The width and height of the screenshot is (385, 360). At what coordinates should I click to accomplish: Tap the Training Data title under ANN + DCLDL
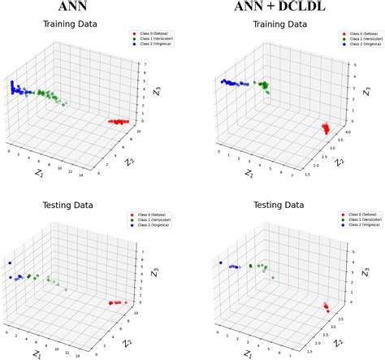pyautogui.click(x=286, y=24)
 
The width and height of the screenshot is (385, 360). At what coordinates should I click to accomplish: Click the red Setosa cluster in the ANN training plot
pyautogui.click(x=119, y=122)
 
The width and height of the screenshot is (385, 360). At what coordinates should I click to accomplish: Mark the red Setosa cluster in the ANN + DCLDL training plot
pyautogui.click(x=325, y=128)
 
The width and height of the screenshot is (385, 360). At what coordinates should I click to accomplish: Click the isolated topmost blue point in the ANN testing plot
pyautogui.click(x=10, y=263)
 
